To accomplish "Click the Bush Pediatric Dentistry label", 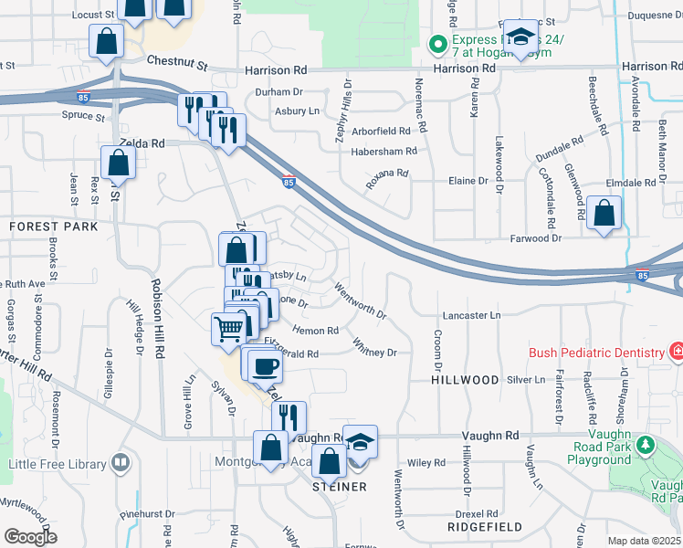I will pos(598,353).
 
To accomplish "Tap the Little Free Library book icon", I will pos(121,463).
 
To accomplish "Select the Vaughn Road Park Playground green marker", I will pos(646,445).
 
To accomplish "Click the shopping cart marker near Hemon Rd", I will pos(228,328).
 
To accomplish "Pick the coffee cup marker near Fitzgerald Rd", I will pos(265,366).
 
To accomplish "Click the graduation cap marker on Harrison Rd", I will pos(521,37).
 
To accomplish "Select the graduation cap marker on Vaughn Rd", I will pos(361,442).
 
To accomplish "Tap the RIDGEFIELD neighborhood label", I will pos(485,527).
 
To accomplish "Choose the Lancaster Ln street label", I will pos(472,315).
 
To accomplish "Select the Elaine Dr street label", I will pos(468,181).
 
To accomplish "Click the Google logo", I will pos(30,537).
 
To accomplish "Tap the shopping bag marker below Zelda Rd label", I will pos(119,163).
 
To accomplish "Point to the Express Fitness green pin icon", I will pos(437,43).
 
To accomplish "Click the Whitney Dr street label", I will pos(375,347).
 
